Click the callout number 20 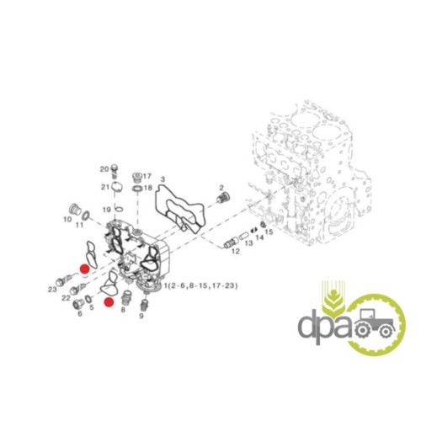(x=104, y=169)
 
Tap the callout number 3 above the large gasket (x=163, y=179)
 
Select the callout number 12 (x=235, y=251)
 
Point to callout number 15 (x=269, y=232)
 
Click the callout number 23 (x=52, y=289)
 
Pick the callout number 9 (x=141, y=316)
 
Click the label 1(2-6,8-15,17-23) (x=201, y=286)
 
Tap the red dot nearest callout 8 (x=109, y=302)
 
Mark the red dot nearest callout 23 (x=84, y=269)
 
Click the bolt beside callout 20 (x=115, y=170)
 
